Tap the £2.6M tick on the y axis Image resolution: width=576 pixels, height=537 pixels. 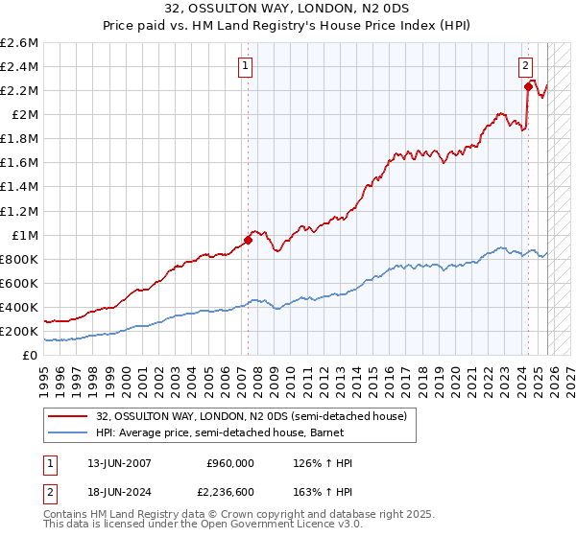pos(19,43)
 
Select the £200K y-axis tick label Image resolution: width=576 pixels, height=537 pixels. pos(19,331)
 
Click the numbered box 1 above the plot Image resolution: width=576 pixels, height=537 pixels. pos(247,66)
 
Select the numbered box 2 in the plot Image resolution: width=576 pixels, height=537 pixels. pos(526,66)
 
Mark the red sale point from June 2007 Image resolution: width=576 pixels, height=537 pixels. pos(248,240)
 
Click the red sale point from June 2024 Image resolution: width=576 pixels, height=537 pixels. pos(528,86)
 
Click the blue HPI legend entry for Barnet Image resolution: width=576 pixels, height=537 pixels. pos(227,432)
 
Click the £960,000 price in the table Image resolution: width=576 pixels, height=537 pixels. pos(229,463)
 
